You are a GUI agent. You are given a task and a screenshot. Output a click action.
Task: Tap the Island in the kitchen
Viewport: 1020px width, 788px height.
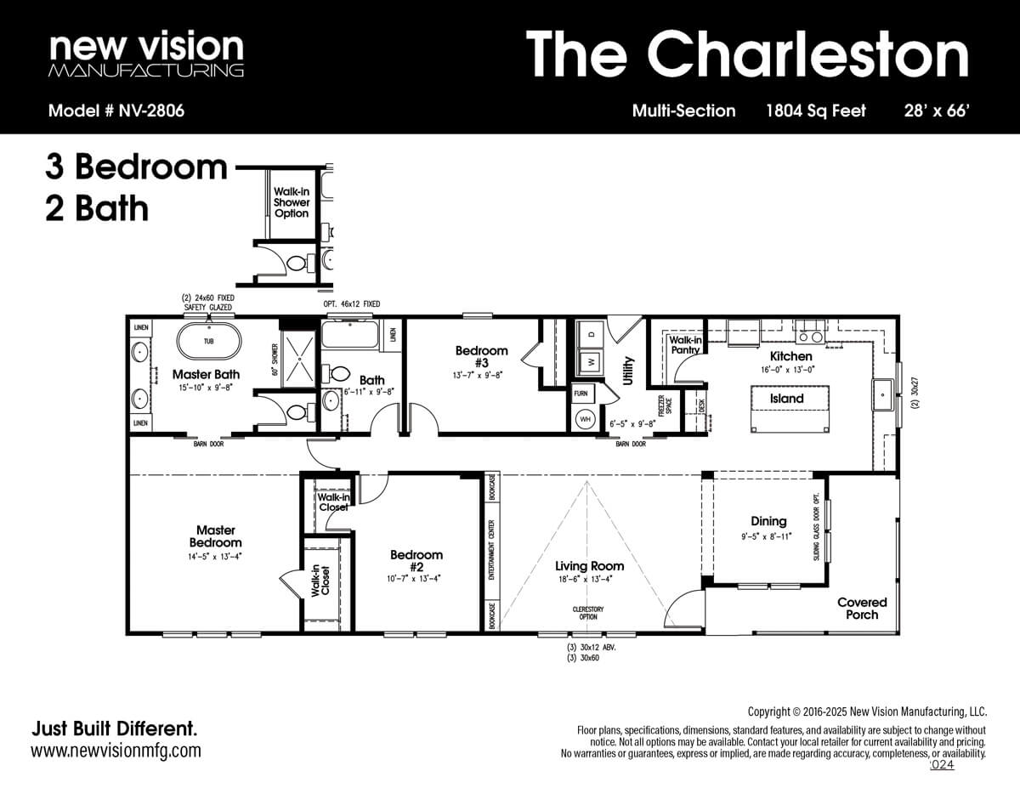click(x=786, y=399)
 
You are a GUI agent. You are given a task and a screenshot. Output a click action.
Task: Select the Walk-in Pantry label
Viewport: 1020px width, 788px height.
click(x=685, y=344)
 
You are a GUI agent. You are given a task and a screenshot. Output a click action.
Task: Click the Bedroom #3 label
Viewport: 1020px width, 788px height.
click(x=481, y=356)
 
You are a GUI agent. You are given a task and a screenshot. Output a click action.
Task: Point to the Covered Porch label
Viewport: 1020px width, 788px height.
click(x=862, y=608)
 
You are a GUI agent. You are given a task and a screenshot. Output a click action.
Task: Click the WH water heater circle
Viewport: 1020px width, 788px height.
click(x=585, y=419)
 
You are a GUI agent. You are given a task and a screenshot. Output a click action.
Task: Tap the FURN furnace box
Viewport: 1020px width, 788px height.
click(x=581, y=394)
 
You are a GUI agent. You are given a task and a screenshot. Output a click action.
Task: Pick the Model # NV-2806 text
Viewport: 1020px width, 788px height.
click(x=116, y=111)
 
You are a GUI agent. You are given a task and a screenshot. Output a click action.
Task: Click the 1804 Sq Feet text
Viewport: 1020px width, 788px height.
click(x=816, y=111)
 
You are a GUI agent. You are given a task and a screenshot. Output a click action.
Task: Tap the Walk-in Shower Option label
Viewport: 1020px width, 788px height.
click(x=292, y=203)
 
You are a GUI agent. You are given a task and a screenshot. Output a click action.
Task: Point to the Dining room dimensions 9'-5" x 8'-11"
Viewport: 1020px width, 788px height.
click(x=768, y=536)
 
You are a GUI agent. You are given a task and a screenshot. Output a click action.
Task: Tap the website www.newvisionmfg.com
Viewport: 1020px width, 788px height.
click(x=116, y=751)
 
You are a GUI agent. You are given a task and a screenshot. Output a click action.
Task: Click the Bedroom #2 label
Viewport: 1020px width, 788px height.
click(x=416, y=561)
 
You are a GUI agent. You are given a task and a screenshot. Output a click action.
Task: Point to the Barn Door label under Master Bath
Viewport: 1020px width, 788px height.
click(x=208, y=444)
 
